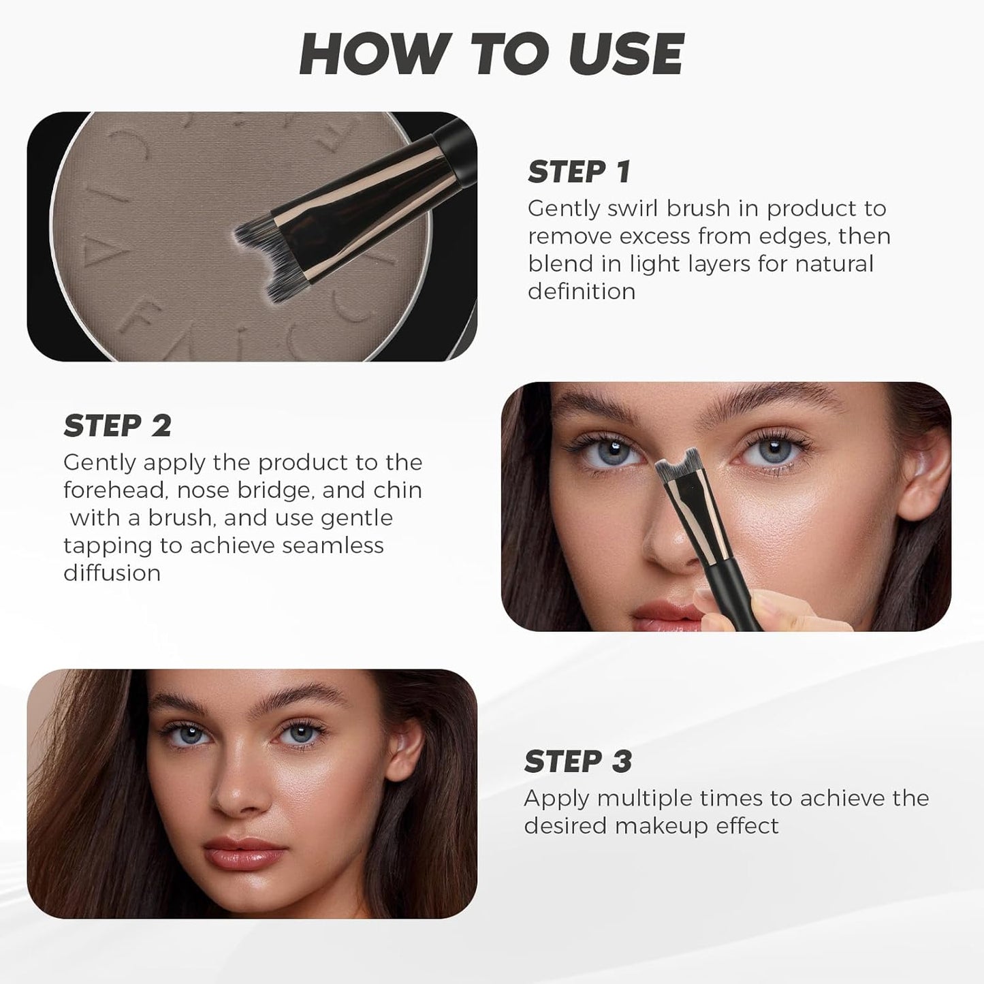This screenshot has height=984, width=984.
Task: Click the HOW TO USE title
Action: point(492,54)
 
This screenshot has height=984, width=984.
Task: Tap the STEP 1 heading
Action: point(579,172)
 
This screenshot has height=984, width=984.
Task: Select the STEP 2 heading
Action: point(117,426)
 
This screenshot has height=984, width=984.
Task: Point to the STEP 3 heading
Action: point(578,762)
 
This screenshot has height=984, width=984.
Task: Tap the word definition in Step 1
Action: point(582,291)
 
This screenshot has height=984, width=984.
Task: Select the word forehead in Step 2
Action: point(112,490)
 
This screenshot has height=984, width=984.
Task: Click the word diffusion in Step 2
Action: point(112,573)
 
